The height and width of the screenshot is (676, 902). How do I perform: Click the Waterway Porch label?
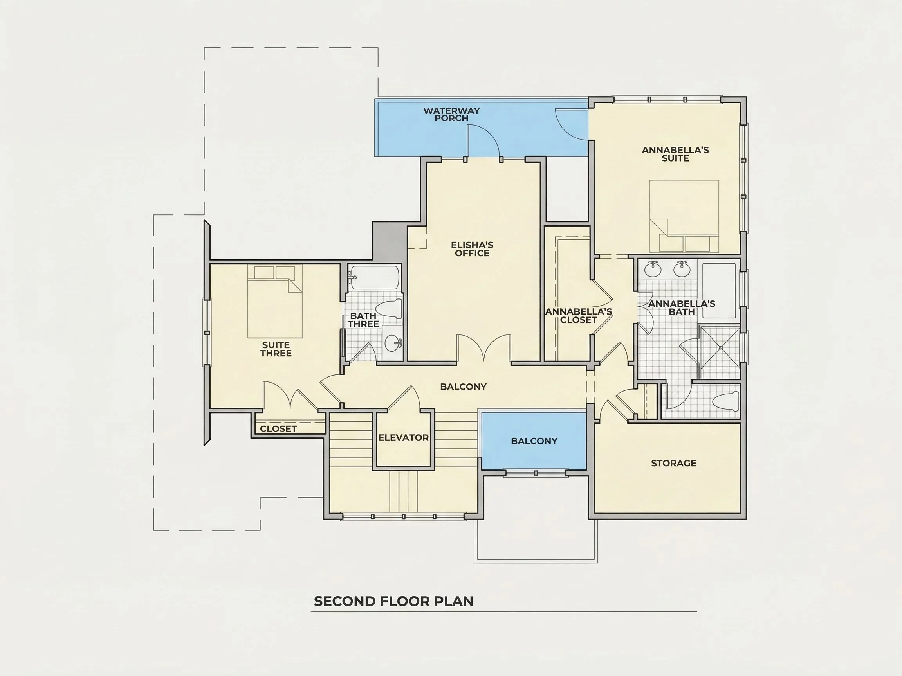tap(451, 114)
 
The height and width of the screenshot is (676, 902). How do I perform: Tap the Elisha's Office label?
tap(472, 249)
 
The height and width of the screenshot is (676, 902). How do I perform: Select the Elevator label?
tap(403, 438)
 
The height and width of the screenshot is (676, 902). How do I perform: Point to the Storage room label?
tap(674, 463)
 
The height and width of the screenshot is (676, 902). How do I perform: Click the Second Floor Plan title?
tap(393, 601)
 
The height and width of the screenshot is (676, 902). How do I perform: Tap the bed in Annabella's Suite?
tap(684, 216)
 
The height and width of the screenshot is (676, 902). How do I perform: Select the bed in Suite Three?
tap(275, 302)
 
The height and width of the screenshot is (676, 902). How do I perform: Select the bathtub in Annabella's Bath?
tap(719, 291)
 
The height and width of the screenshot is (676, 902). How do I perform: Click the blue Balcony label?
tap(534, 441)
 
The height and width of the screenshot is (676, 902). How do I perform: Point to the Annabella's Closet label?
tap(579, 316)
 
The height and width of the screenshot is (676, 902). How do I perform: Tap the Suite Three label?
tap(276, 349)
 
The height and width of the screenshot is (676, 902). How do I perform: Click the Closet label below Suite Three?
tap(278, 429)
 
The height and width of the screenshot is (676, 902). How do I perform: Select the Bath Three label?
tap(363, 320)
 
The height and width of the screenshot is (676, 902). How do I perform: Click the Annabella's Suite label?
tap(675, 154)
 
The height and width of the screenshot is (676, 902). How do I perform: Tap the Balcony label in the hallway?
tap(463, 386)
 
